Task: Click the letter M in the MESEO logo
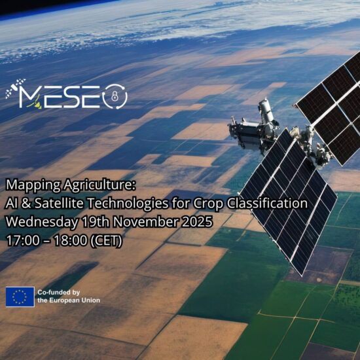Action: (33, 96)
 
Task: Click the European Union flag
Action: (20, 296)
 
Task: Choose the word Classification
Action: (268, 204)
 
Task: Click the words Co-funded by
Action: (59, 292)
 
